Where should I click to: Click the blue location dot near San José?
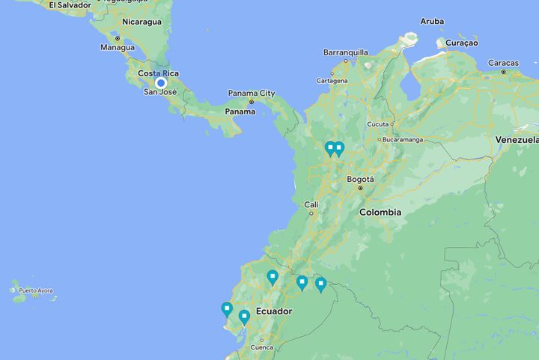(x=161, y=83)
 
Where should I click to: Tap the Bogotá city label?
(x=360, y=180)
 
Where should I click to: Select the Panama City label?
(x=252, y=94)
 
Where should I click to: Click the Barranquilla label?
(x=345, y=52)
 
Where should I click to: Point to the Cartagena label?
(x=332, y=80)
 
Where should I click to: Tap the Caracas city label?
(x=503, y=63)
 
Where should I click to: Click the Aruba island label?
(x=432, y=22)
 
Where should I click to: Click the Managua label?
(x=117, y=47)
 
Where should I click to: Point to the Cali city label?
(x=311, y=204)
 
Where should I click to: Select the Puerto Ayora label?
(x=37, y=290)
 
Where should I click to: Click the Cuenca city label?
(x=262, y=347)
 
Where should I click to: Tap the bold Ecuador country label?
(x=273, y=311)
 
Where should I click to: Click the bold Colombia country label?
(x=380, y=213)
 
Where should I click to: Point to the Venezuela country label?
(x=517, y=140)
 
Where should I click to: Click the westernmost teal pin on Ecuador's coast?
(x=227, y=308)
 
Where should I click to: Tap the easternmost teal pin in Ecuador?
(x=320, y=284)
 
